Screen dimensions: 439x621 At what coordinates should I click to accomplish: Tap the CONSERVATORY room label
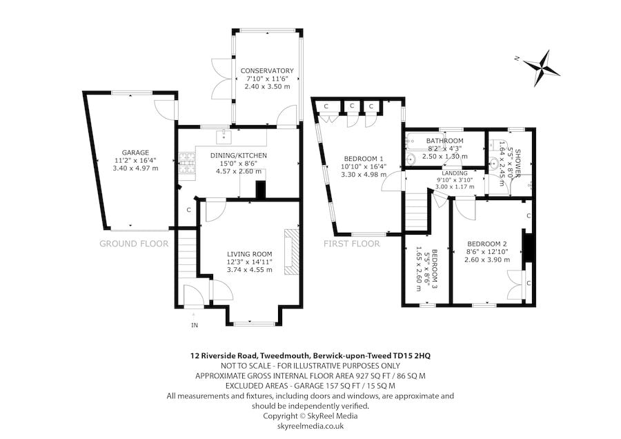(266, 71)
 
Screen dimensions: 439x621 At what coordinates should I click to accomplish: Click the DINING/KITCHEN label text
(238, 155)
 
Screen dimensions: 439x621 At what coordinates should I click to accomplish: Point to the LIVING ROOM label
(249, 253)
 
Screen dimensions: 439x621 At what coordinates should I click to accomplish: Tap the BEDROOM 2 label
(486, 244)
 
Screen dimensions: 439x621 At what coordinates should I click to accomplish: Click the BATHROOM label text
(445, 141)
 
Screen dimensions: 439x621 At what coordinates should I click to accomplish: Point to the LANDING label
(455, 173)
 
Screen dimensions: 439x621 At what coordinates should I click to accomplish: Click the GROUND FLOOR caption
(134, 244)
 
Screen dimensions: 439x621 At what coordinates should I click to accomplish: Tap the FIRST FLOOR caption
(352, 244)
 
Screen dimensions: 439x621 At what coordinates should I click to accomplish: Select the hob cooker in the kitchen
(186, 163)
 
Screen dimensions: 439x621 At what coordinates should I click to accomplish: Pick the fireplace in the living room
(293, 253)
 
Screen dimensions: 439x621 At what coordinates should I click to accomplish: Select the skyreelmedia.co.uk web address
(310, 426)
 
